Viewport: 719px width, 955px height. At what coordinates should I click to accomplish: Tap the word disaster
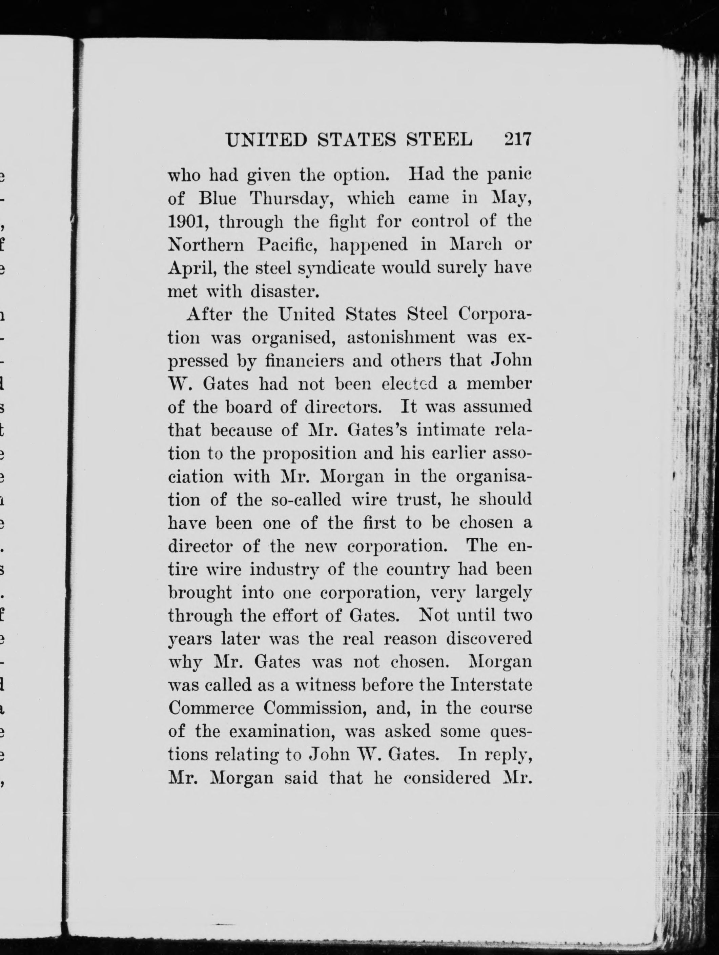[285, 292]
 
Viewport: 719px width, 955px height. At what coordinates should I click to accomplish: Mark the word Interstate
[491, 685]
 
